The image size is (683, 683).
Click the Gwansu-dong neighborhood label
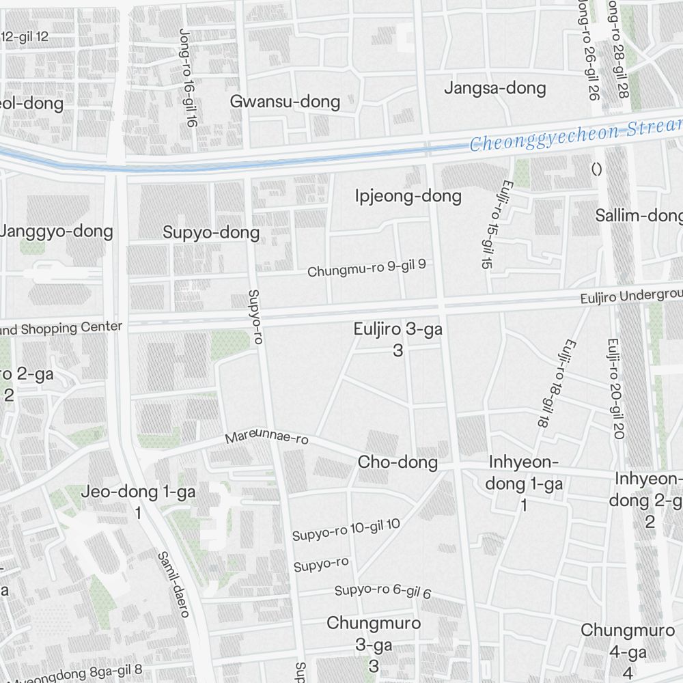[285, 102]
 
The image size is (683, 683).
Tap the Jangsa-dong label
[495, 88]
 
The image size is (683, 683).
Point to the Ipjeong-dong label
[408, 197]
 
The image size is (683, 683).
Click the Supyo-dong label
[211, 233]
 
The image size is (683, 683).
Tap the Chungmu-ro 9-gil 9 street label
[367, 268]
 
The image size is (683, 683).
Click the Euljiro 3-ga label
[398, 330]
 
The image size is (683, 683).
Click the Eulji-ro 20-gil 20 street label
[615, 389]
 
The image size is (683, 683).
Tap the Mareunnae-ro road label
[266, 438]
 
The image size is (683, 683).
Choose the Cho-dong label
[398, 462]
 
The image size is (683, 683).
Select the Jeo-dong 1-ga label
[139, 492]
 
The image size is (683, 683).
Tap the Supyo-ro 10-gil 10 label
[346, 529]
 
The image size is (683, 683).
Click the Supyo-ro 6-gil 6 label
[382, 591]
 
